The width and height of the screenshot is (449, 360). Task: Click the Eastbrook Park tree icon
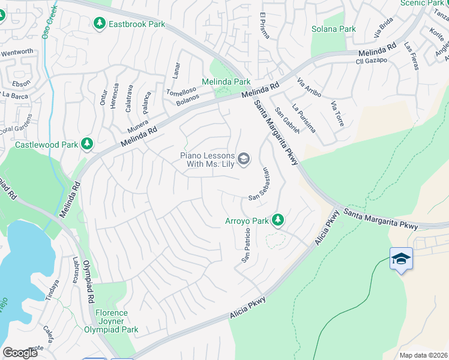100,23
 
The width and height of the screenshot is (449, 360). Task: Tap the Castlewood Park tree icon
87,143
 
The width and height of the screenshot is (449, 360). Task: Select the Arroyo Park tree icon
277,221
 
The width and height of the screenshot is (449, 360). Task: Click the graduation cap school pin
401,259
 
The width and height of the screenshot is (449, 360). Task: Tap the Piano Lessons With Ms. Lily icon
244,158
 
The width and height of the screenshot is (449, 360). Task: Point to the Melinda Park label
226,82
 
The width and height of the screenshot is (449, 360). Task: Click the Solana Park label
334,29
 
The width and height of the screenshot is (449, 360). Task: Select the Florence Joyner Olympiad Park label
118,321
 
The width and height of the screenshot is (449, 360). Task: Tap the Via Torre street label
337,114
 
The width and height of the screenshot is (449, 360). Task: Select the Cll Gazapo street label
372,61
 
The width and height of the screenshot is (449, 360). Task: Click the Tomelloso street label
181,91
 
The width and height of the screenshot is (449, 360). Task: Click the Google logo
20,352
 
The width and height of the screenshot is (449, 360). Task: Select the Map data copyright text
423,355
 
